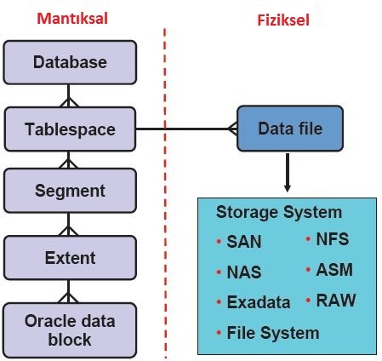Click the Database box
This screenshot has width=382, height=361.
[x=71, y=62]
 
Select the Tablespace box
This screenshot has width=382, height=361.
[x=71, y=129]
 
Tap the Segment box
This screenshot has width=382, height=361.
[x=71, y=191]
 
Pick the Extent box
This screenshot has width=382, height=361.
[x=71, y=256]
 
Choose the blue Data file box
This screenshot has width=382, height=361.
[x=289, y=130]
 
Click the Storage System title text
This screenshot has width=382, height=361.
[x=278, y=212]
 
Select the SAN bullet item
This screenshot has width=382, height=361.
[x=243, y=242]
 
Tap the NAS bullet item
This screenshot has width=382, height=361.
[x=243, y=272]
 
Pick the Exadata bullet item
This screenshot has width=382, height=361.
[x=258, y=302]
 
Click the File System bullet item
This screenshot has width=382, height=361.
[x=272, y=332]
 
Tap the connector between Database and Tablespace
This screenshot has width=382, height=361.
[x=71, y=95]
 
